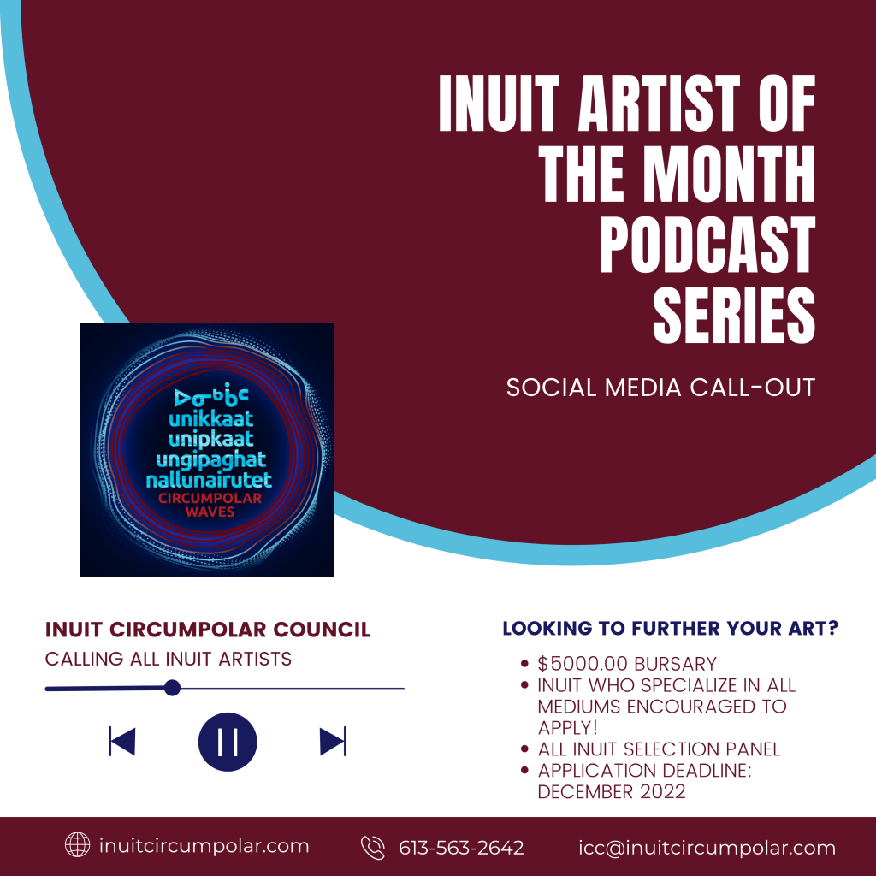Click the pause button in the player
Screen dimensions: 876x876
[228, 742]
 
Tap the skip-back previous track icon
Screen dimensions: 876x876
[121, 742]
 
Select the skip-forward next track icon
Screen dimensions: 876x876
[333, 742]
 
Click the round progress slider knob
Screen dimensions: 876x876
[173, 688]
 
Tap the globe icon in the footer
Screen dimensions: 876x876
[77, 844]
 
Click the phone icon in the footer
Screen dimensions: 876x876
[373, 847]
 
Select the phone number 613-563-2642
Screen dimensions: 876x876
[461, 848]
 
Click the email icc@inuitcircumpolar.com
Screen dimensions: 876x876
[707, 848]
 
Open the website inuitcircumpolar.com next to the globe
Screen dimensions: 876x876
[204, 846]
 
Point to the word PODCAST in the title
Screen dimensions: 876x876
[707, 245]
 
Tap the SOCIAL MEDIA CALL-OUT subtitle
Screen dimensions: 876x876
[660, 388]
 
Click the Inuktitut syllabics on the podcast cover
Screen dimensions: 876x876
[210, 396]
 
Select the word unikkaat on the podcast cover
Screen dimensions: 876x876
[210, 418]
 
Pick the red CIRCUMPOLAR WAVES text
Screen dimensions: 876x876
[210, 505]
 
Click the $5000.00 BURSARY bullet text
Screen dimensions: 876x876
[627, 664]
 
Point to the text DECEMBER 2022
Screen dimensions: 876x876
[611, 791]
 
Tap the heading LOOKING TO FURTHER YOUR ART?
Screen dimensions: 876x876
[671, 628]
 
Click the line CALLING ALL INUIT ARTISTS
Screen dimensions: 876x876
[169, 659]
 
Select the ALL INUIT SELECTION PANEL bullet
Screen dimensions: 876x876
[659, 749]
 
